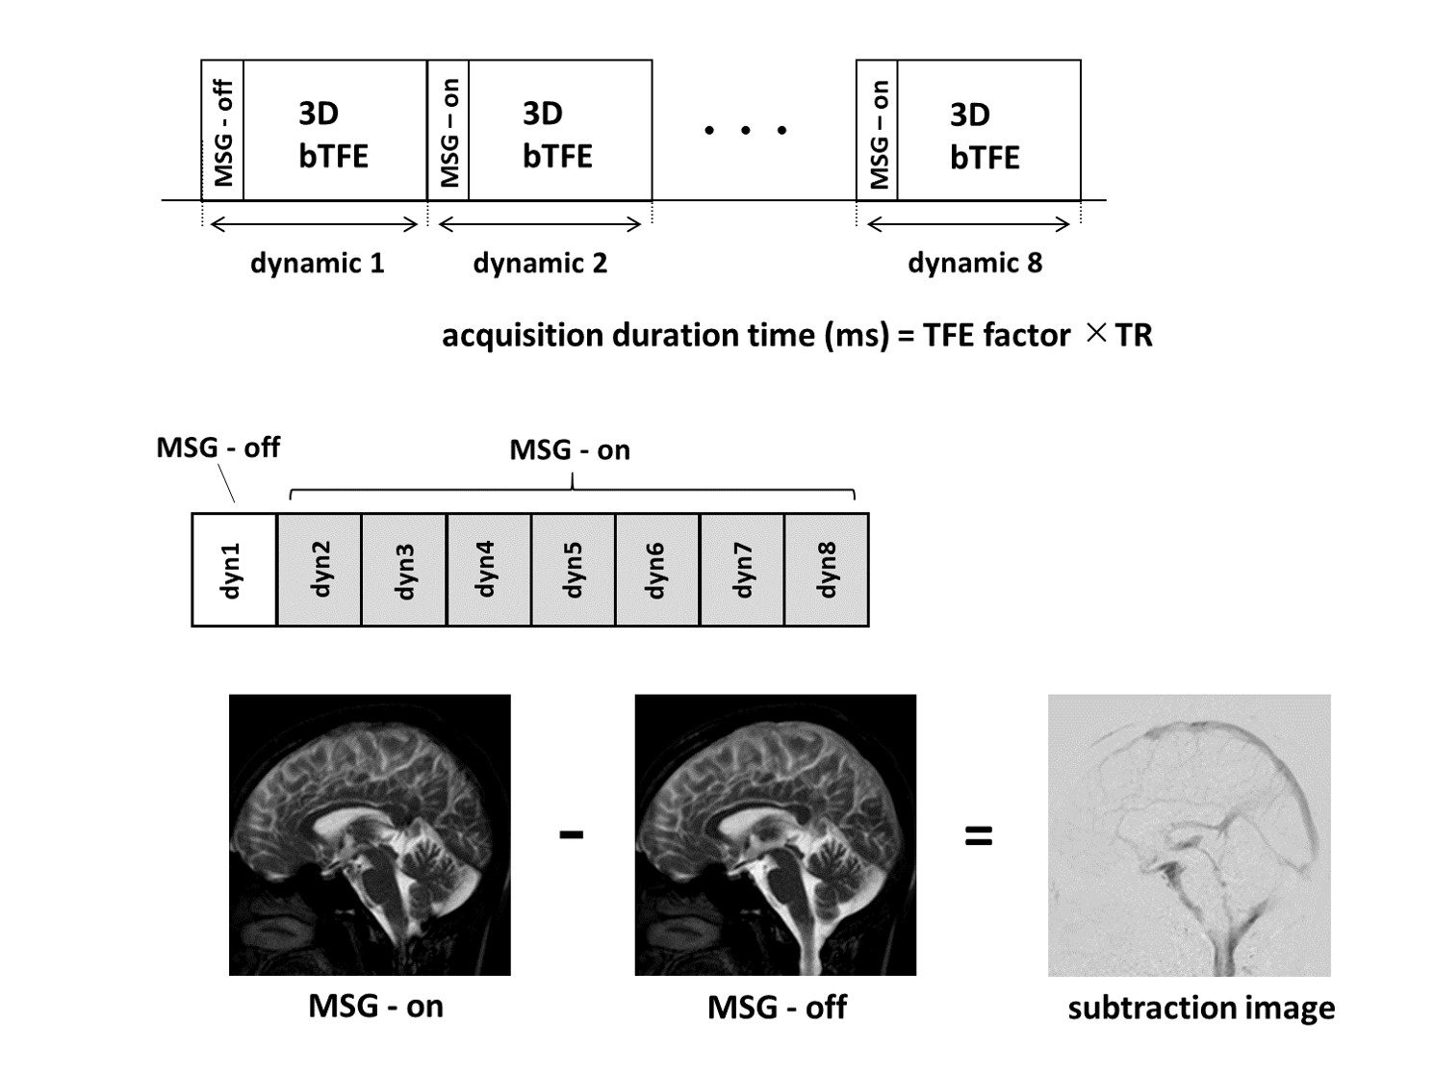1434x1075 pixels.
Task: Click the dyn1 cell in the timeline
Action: click(234, 570)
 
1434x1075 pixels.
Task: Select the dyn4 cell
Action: click(488, 570)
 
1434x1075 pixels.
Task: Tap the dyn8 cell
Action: click(827, 570)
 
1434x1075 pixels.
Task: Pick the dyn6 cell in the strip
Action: click(657, 570)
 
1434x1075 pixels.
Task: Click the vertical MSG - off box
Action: click(222, 131)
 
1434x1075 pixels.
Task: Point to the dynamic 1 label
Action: click(317, 263)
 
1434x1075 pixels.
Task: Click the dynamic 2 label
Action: click(540, 263)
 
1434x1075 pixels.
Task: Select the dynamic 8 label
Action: click(975, 263)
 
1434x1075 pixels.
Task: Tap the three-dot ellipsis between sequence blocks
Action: click(745, 130)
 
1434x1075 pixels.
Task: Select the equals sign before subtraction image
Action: click(978, 835)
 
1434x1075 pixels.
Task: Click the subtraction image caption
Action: click(1201, 1008)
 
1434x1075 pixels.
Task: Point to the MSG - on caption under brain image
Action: click(375, 1006)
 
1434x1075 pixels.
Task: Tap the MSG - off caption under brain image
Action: click(777, 1007)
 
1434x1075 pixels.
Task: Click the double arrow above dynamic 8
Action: click(968, 225)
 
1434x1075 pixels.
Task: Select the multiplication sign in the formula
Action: click(1094, 333)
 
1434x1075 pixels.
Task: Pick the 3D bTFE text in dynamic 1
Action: click(332, 135)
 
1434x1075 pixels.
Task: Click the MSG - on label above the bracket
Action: click(570, 449)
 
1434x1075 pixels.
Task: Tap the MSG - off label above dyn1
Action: click(218, 448)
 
